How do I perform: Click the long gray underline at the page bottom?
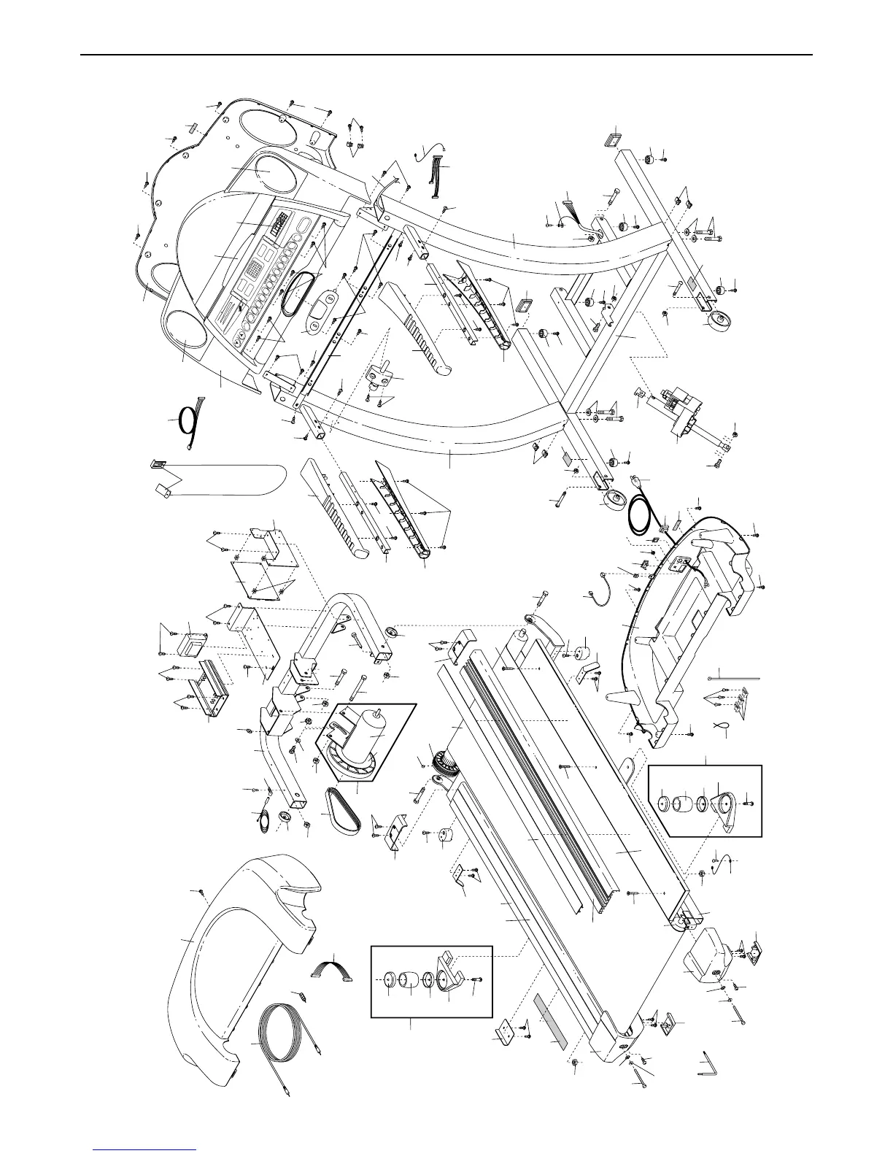(x=145, y=1149)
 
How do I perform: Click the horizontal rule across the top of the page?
(x=446, y=55)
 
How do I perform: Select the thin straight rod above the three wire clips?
(x=734, y=678)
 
